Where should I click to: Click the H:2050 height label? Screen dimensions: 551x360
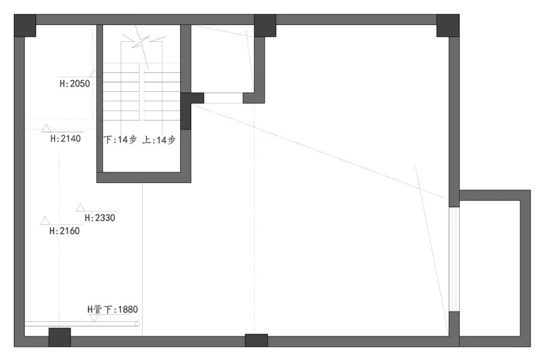74,84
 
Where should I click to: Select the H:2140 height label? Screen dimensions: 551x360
65,138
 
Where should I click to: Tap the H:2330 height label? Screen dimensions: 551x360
100,218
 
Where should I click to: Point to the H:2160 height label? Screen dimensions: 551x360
64,231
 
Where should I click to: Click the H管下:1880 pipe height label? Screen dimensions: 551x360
112,310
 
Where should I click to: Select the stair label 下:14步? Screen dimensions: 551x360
120,140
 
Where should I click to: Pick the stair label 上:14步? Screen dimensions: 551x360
159,140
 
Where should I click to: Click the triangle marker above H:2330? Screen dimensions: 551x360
81,207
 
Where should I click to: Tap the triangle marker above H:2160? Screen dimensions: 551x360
45,221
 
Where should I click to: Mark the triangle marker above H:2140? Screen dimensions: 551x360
46,128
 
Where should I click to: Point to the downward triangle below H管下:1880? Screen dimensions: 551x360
94,319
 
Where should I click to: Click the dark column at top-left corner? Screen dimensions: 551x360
25,25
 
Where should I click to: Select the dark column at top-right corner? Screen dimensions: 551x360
448,25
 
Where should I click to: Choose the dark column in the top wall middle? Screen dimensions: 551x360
265,25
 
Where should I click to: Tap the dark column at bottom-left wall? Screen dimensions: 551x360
60,338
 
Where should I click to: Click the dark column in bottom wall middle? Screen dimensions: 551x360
256,340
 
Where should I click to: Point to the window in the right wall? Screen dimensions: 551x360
454,259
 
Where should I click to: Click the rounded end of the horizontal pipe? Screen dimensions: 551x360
137,324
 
